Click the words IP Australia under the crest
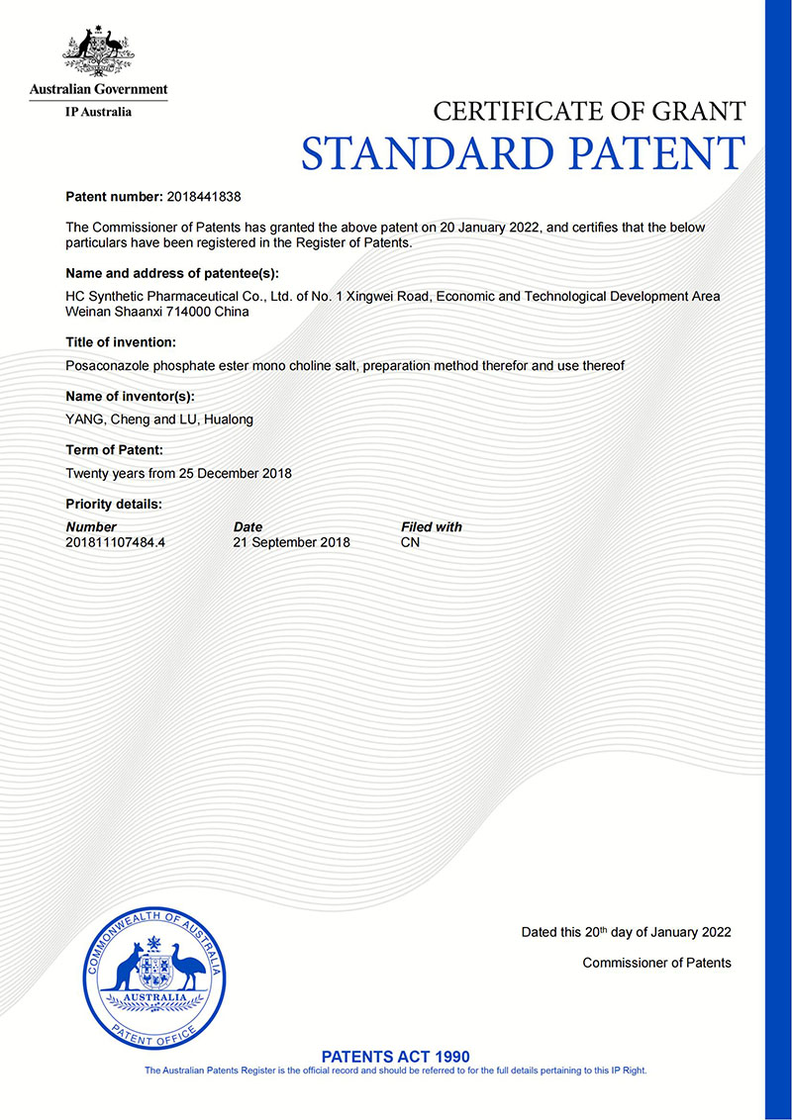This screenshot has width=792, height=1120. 98,112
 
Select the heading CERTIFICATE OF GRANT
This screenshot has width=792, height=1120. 589,111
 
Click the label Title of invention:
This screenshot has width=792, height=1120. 121,342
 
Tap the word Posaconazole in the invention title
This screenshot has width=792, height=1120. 105,366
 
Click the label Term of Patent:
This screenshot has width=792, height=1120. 114,450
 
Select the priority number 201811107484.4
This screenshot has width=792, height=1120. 115,543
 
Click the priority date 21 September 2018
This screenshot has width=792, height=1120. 291,543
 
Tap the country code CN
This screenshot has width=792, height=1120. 410,543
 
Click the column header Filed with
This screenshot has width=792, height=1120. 431,527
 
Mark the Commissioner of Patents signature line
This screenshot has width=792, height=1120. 656,963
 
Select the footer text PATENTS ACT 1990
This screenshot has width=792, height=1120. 396,1057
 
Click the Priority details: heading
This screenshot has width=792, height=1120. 113,504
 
